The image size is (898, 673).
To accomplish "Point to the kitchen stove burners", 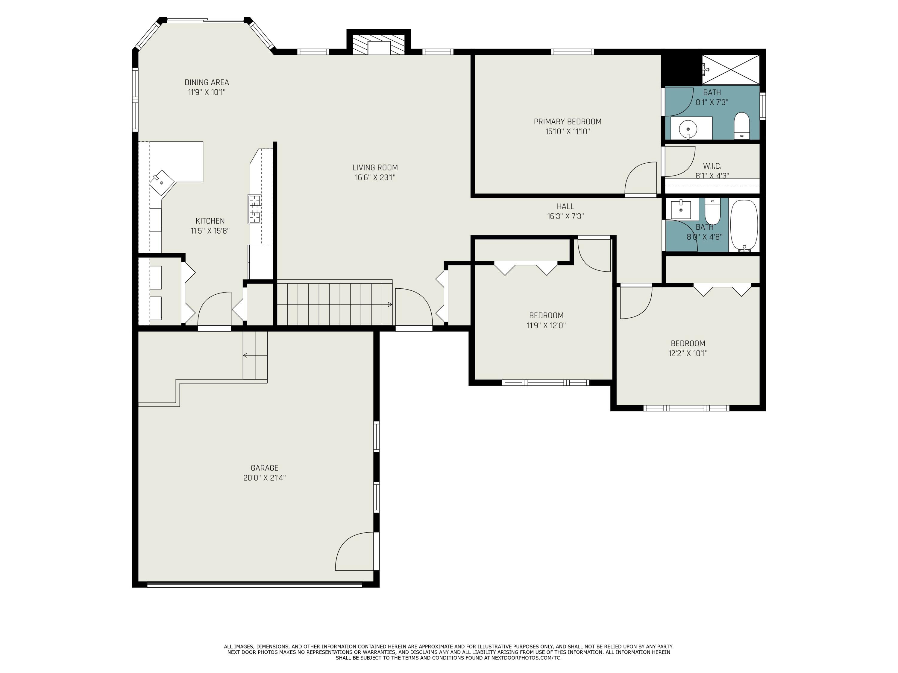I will coord(254,209).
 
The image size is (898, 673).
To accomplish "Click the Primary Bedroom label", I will coord(567,122).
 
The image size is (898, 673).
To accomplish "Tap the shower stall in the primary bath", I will coord(730,69).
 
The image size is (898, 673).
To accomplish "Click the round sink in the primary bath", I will coord(688,129).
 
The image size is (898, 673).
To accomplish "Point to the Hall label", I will coord(565,206).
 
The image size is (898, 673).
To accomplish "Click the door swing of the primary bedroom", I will coord(642,179).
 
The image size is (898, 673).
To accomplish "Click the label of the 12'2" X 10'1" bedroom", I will coord(688,343).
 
